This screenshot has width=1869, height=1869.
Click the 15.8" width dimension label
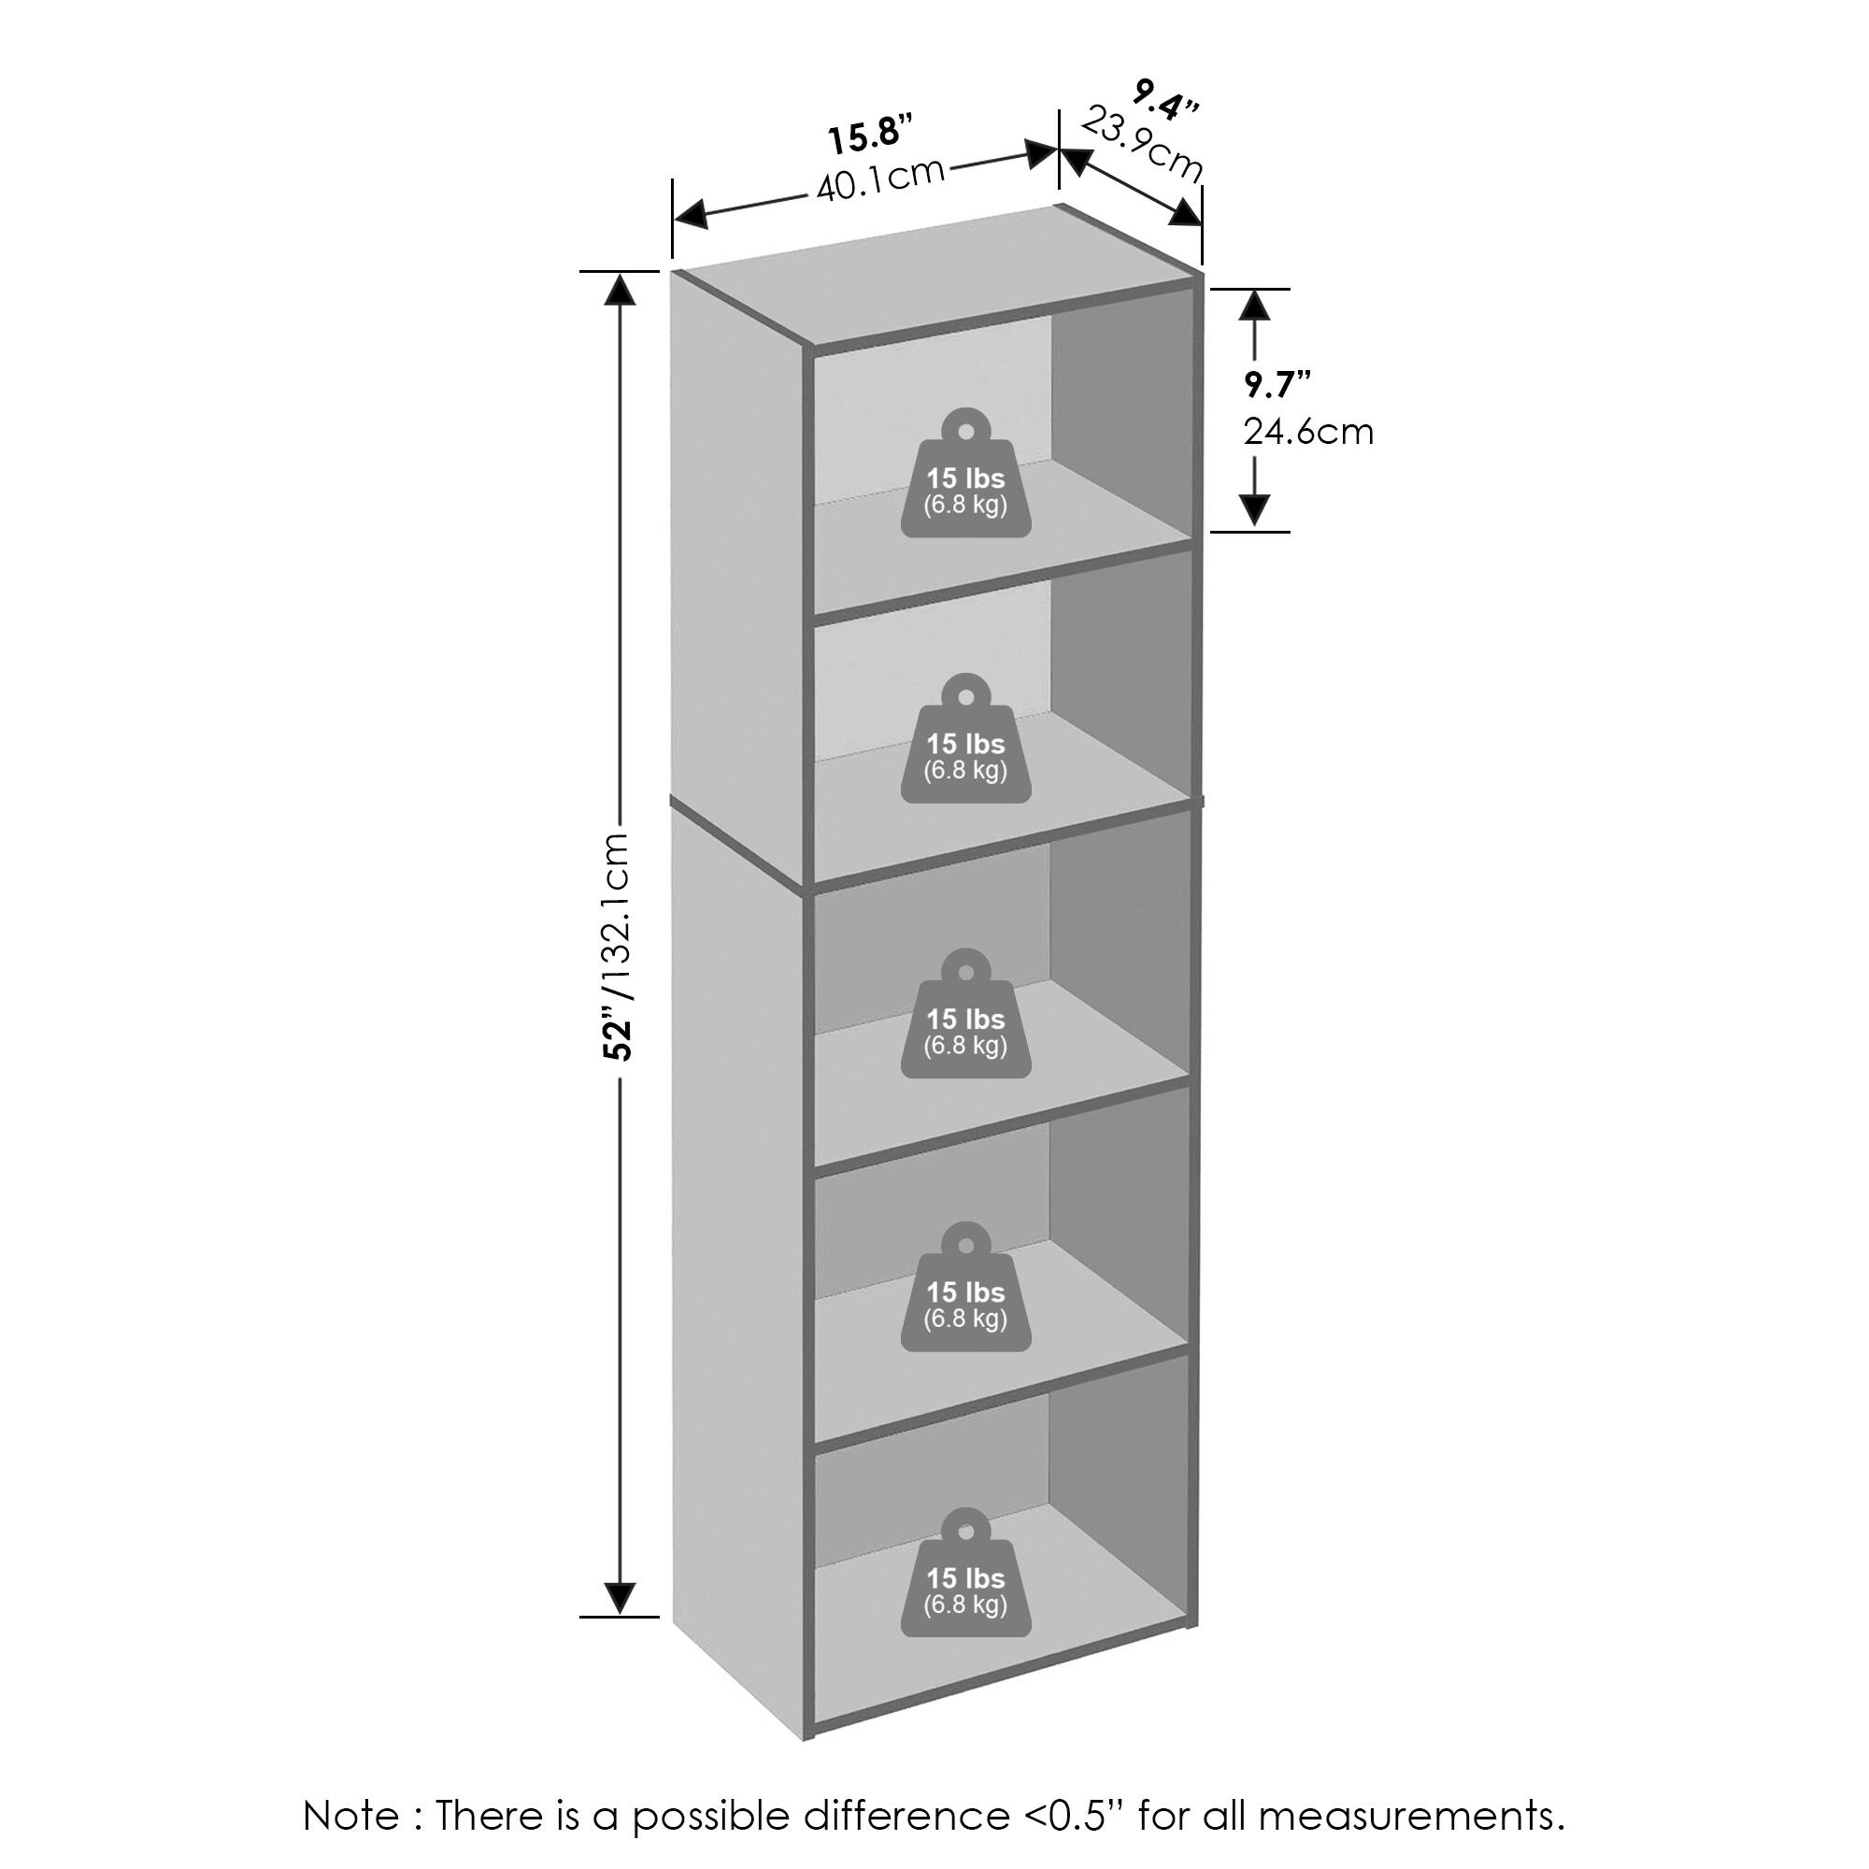click(870, 136)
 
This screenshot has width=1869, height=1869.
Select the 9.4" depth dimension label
click(1166, 100)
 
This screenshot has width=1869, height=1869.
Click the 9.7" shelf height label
click(1277, 385)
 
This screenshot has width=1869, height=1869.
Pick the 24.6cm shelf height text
click(1308, 432)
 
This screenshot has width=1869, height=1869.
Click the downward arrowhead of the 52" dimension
click(620, 1598)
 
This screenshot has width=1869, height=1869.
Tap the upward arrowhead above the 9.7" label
click(1255, 306)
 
